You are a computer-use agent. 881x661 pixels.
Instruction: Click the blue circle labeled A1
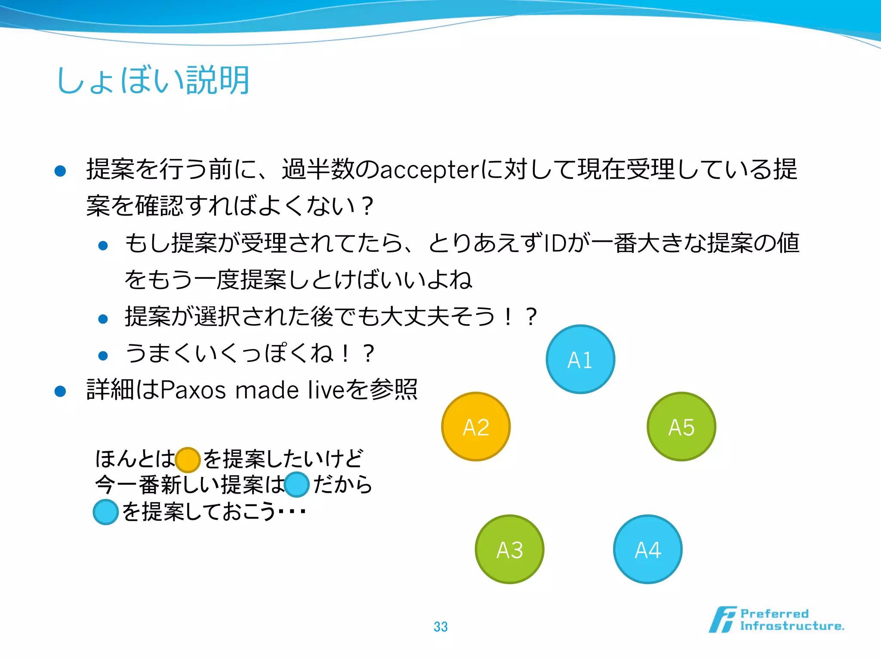[x=580, y=359]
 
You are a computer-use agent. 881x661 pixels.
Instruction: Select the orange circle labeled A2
[x=476, y=426]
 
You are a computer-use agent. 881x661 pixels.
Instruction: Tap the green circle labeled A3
[x=509, y=549]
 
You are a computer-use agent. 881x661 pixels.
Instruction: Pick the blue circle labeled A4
[x=647, y=549]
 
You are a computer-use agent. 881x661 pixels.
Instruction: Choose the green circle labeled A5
[x=681, y=426]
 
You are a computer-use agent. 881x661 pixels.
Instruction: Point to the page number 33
[x=440, y=627]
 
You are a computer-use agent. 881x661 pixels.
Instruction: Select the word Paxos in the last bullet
[x=193, y=390]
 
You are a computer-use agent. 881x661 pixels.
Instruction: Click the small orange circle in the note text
[x=188, y=460]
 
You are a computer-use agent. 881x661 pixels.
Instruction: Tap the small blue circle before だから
[x=297, y=485]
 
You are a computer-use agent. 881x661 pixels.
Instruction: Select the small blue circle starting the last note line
[x=106, y=512]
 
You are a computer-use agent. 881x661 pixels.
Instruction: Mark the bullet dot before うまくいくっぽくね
[x=103, y=355]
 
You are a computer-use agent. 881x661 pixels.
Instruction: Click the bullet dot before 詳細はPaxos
[x=60, y=391]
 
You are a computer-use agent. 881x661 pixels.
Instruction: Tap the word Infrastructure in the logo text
[x=792, y=626]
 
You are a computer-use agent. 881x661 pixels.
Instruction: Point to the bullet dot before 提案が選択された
[x=103, y=319]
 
